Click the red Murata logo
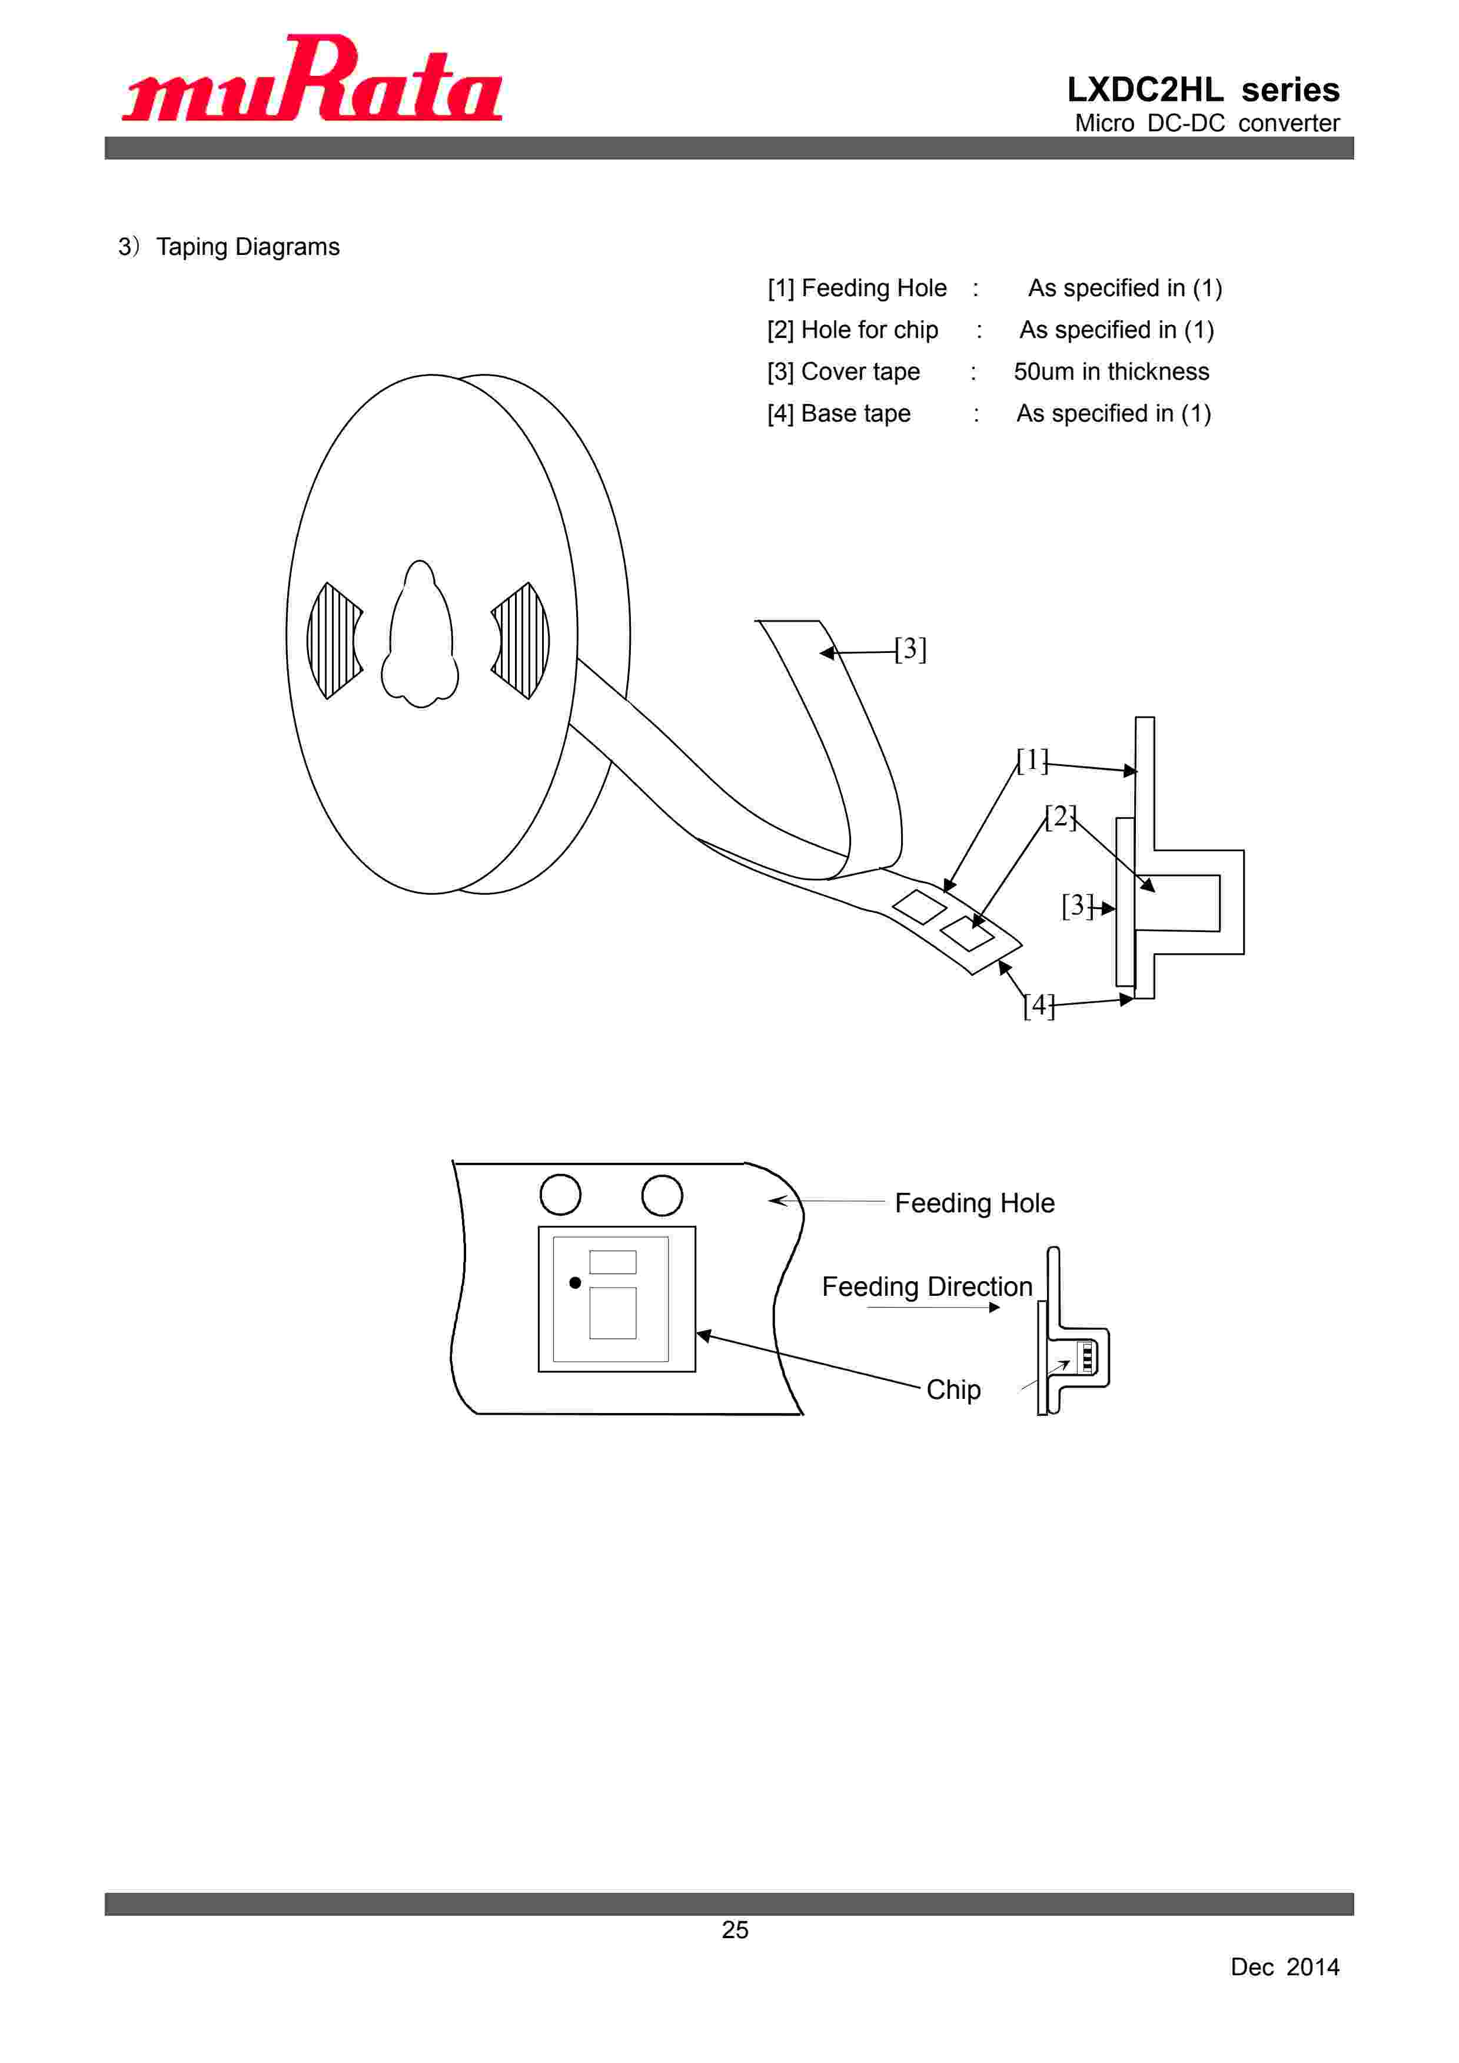[x=312, y=78]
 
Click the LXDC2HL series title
[x=1203, y=90]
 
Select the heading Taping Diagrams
[x=248, y=247]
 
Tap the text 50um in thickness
[x=1111, y=372]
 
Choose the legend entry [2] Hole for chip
[x=853, y=330]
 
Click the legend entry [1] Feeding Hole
[x=857, y=288]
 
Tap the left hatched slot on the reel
[x=334, y=641]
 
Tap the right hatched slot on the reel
[x=521, y=641]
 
